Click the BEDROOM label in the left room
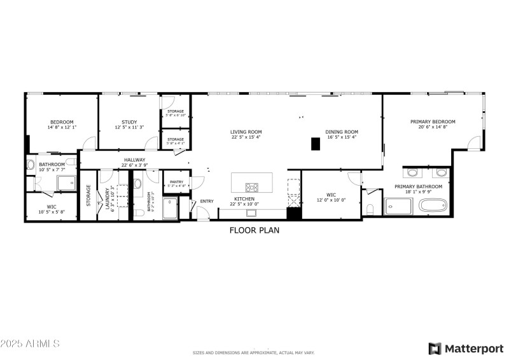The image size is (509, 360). [62, 122]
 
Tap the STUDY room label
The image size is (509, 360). [129, 122]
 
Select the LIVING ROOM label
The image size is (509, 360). [246, 132]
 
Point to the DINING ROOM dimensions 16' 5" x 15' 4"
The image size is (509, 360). [342, 137]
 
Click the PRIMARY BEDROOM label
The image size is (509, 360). [433, 121]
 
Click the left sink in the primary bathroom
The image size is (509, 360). [411, 172]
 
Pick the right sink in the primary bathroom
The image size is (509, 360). [440, 172]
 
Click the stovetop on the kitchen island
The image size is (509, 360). [252, 187]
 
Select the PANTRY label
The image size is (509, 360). [176, 182]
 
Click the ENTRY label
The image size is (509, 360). [207, 202]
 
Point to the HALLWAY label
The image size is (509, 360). [134, 160]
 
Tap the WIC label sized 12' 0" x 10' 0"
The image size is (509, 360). [330, 195]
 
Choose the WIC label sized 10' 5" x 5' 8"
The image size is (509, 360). [51, 207]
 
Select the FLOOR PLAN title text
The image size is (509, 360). [254, 231]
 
